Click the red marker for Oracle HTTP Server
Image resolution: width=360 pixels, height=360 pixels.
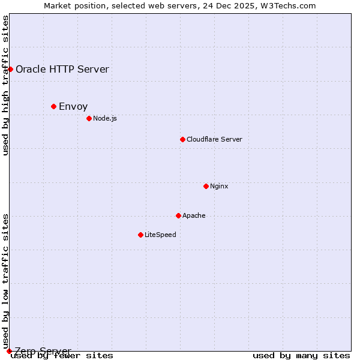point(10,69)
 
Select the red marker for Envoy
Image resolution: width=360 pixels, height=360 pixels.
point(53,106)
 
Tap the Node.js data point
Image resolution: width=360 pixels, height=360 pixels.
point(89,118)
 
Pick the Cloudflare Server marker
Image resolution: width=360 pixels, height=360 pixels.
point(182,139)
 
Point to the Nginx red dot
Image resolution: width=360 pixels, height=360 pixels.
point(206,186)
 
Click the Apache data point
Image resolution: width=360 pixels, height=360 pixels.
point(178,215)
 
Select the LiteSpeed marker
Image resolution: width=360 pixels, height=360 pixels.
point(140,235)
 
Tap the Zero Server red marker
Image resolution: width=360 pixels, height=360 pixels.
point(9,351)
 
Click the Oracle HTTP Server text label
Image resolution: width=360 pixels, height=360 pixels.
point(62,69)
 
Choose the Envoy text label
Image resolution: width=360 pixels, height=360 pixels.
point(73,106)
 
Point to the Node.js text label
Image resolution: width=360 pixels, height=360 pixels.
point(105,118)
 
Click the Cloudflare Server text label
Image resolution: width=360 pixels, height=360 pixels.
point(214,139)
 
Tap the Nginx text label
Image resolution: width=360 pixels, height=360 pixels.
point(219,186)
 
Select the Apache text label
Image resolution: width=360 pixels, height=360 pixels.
point(194,215)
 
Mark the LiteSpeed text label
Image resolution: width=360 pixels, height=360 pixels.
point(160,235)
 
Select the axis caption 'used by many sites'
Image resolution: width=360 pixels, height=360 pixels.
point(301,355)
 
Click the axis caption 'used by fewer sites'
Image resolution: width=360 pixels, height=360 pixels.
point(62,355)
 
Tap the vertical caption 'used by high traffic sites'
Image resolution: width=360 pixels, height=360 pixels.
point(6,86)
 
